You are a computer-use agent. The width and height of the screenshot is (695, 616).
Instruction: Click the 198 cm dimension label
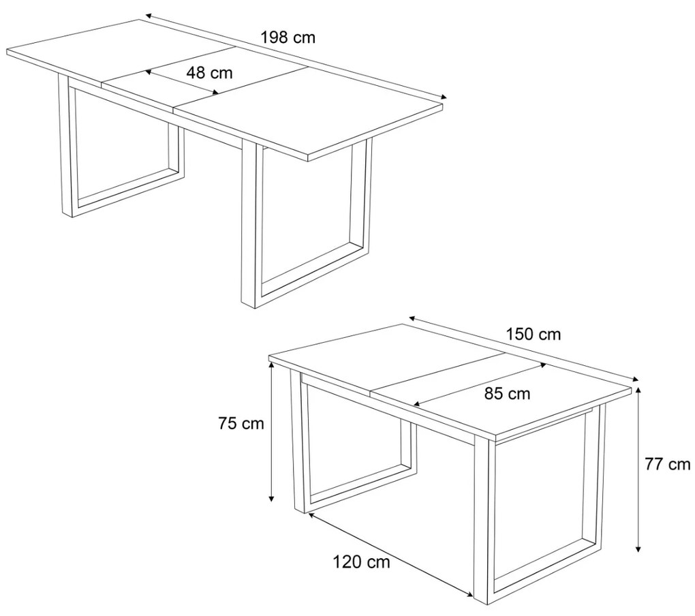(x=288, y=37)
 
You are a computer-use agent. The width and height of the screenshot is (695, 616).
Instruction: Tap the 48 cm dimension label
(x=209, y=72)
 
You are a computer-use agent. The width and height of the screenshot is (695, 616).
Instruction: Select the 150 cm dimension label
(x=534, y=334)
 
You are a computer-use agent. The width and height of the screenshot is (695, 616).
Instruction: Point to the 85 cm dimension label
(x=507, y=393)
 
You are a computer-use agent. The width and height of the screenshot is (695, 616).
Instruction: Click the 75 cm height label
(x=241, y=424)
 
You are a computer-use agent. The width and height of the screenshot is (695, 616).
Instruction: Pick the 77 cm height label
(x=667, y=464)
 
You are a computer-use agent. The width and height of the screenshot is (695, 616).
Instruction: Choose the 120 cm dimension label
(x=362, y=562)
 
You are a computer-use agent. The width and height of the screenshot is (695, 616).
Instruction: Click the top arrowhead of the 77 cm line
(x=638, y=390)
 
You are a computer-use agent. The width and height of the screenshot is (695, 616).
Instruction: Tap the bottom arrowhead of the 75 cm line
(x=271, y=499)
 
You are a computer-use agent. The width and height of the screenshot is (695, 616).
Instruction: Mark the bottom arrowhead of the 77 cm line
(x=638, y=549)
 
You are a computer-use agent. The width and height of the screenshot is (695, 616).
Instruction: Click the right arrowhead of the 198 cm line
(x=444, y=97)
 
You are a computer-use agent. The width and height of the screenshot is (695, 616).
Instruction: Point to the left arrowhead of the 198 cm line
(x=149, y=16)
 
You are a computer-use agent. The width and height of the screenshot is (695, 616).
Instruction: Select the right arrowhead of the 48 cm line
(x=216, y=92)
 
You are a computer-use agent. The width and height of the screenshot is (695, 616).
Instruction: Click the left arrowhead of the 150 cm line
(x=412, y=318)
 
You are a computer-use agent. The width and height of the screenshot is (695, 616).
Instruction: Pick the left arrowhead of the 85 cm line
(x=416, y=403)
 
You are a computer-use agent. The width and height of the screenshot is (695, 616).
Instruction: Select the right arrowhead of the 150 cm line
(x=635, y=379)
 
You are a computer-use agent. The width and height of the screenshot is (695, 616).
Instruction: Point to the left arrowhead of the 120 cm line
(x=311, y=514)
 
